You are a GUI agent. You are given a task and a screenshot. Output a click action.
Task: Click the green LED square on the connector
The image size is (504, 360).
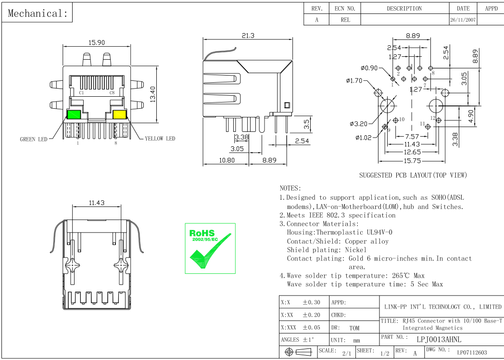coord(74,115)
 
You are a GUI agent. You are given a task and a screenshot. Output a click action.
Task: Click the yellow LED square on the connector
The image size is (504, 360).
coord(119,115)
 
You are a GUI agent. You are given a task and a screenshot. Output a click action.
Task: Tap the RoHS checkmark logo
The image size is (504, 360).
coord(210,248)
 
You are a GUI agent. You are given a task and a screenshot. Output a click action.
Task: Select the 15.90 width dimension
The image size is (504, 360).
coord(96,42)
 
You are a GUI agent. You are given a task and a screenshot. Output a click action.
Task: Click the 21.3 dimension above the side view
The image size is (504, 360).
coord(248,36)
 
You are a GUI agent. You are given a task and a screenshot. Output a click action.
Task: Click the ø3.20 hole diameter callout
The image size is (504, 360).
coord(358,124)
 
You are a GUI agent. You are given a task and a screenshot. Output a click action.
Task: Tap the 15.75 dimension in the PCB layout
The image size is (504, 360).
coord(412,161)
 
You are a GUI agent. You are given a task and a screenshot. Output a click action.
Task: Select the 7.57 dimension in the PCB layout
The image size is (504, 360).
coord(412,136)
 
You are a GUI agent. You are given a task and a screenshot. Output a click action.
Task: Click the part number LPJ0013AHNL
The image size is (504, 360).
coord(439,339)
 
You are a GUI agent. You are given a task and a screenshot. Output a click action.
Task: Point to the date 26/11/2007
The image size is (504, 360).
coord(463,20)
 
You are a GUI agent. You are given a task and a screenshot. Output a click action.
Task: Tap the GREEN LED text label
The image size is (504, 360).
coord(34,140)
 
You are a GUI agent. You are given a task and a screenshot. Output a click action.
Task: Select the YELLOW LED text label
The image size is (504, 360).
coord(160,139)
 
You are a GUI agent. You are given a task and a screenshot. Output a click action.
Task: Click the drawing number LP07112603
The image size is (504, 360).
coord(472,353)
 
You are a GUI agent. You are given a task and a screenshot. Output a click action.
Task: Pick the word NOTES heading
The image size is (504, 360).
coord(290,188)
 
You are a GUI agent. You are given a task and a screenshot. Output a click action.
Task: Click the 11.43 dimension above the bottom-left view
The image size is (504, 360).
coord(96,203)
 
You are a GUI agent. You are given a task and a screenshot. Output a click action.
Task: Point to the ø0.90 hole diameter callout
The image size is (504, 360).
coord(369,68)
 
